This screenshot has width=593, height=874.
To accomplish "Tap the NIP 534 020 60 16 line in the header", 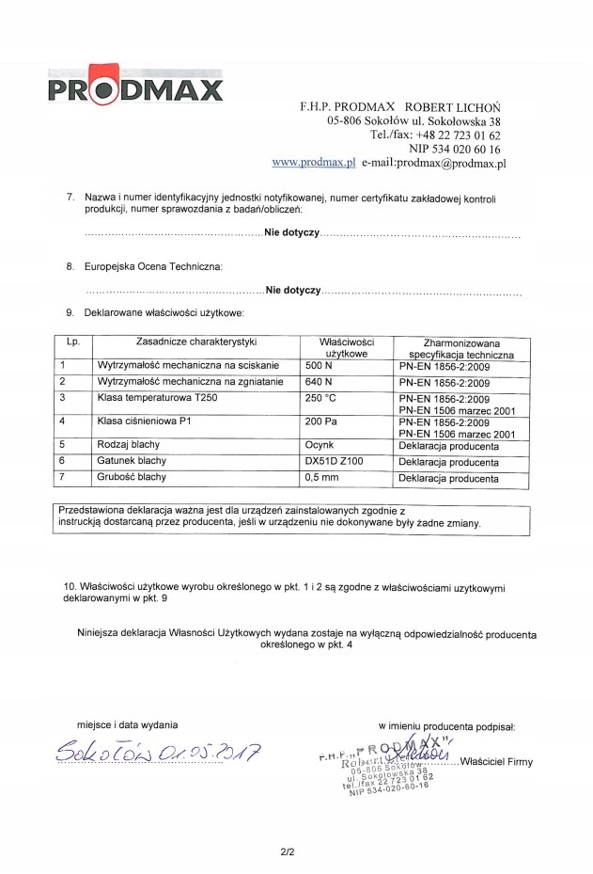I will click(x=455, y=149).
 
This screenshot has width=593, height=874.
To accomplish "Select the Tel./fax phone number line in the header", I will click(x=435, y=135).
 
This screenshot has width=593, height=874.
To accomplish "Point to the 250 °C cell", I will click(x=321, y=398).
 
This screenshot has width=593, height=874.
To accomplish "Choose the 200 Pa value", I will click(x=321, y=421).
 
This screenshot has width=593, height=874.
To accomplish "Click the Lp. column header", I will click(x=73, y=342).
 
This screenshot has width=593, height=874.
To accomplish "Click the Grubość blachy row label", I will click(x=132, y=477).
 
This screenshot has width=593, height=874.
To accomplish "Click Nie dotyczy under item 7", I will click(x=293, y=231).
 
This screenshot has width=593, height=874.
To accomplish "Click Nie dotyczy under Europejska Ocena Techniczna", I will click(x=293, y=291).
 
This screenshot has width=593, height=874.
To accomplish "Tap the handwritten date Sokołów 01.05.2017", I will click(x=158, y=752).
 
